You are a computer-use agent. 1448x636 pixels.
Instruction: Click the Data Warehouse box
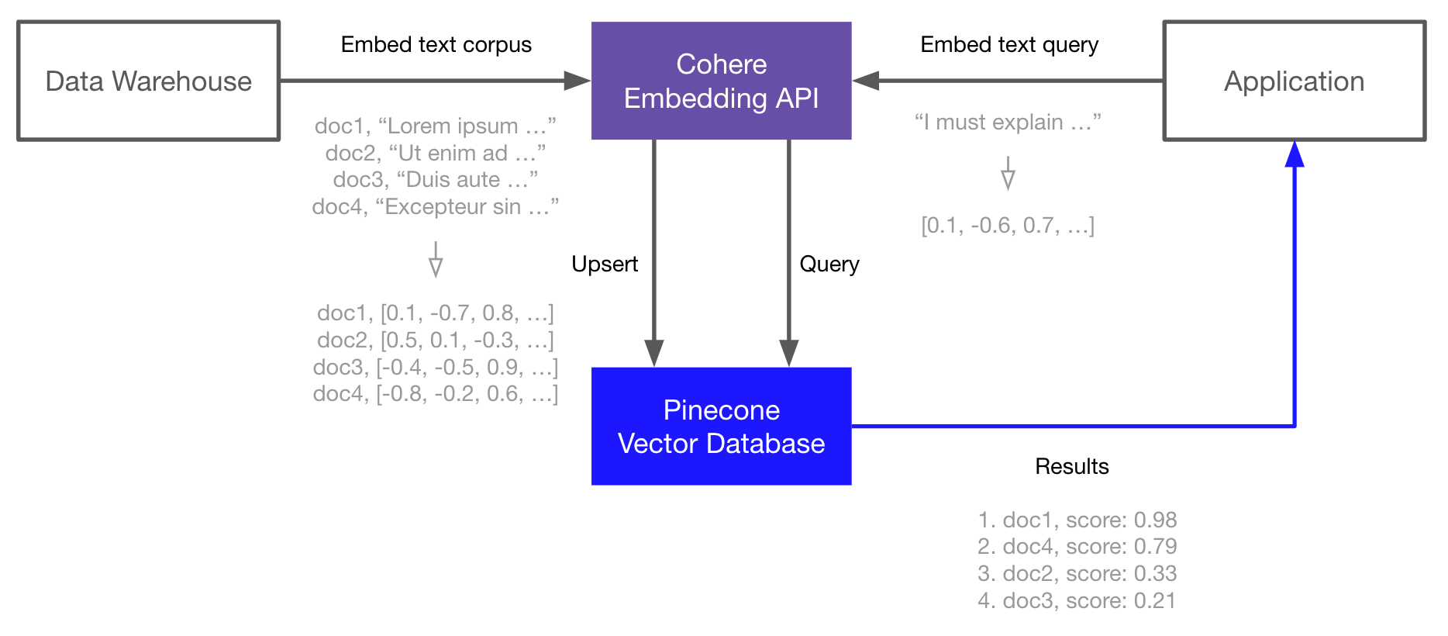pos(148,81)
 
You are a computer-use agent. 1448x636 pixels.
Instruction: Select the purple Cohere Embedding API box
pos(721,81)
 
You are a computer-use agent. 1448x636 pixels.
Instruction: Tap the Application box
pos(1294,81)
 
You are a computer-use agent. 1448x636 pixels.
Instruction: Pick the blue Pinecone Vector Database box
pos(721,426)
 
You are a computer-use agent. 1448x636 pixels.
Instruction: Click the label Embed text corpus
pos(436,45)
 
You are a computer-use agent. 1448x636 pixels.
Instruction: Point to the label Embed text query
pos(1008,45)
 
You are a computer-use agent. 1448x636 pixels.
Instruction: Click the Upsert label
pos(605,264)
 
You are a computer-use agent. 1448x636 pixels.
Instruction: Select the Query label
pos(829,264)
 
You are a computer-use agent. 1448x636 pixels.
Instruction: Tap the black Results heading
pos(1071,466)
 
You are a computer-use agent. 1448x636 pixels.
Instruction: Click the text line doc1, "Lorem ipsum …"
pos(435,126)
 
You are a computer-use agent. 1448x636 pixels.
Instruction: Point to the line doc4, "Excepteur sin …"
pos(435,207)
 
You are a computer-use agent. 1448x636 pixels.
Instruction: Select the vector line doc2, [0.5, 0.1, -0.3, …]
pos(435,340)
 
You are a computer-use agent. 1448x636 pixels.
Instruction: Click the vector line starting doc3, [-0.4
pos(435,367)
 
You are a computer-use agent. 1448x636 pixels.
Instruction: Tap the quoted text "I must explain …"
pos(1008,123)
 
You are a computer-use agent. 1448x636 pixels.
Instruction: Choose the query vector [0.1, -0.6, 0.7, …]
pos(1008,226)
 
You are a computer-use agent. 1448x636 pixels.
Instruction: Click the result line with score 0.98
pos(1077,520)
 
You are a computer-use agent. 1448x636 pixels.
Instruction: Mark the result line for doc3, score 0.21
pos(1077,600)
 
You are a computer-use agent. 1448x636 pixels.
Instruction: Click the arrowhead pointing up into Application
pos(1294,154)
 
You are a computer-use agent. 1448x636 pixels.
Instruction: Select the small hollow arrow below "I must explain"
pos(1008,175)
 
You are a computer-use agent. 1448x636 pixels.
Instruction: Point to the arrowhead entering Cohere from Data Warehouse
pos(577,81)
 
